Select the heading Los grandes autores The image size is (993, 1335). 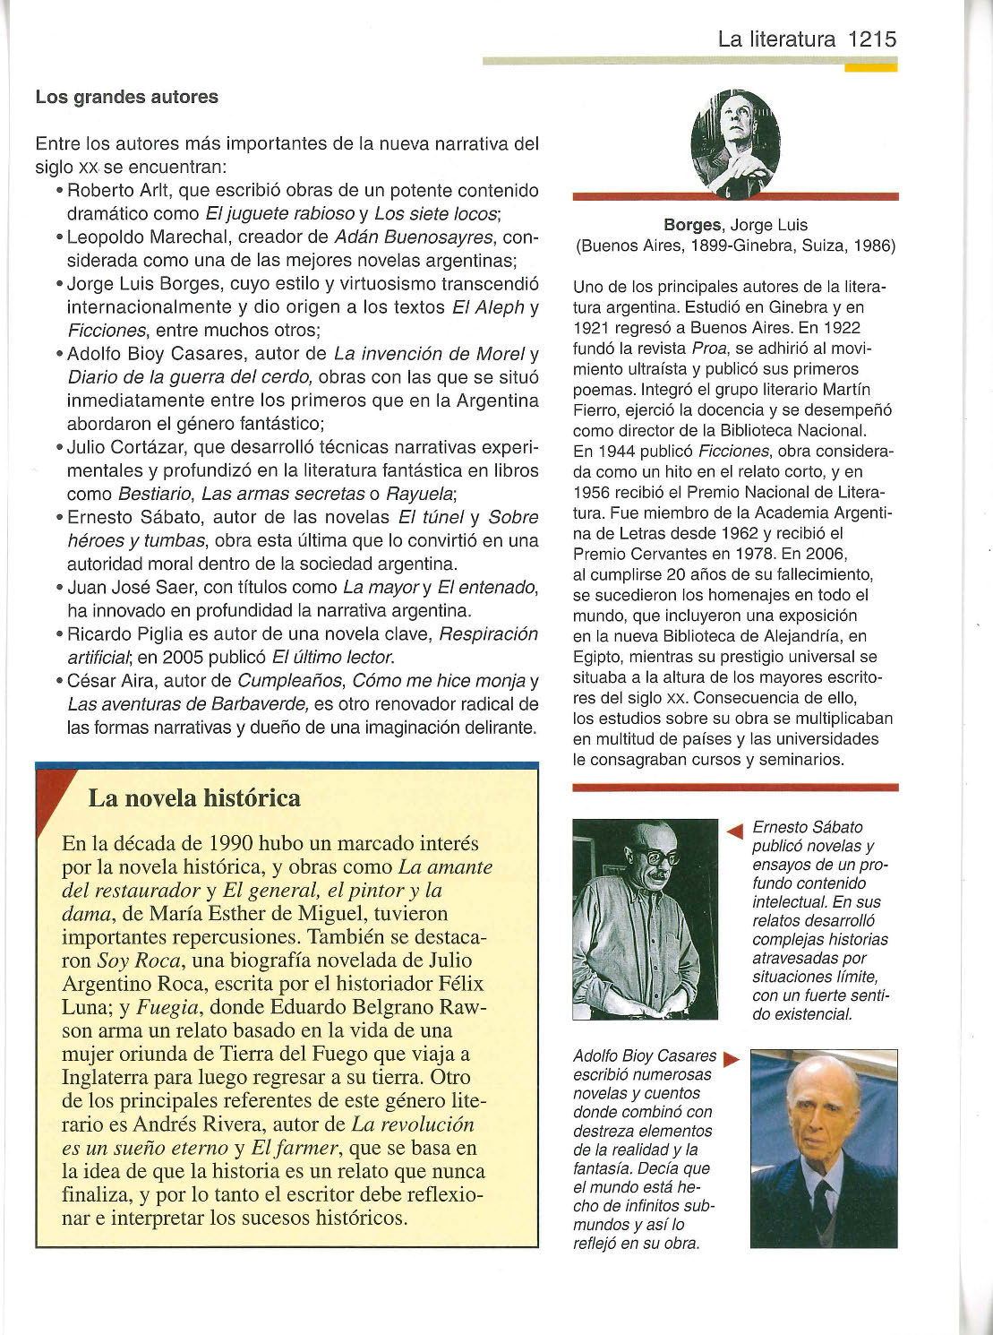coord(126,97)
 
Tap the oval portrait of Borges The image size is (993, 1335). coord(735,143)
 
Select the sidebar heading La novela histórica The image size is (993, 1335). coord(193,797)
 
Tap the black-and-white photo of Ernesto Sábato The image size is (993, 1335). coord(645,918)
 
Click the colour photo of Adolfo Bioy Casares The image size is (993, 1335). coord(823,1149)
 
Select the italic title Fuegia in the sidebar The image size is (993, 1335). coord(167,1007)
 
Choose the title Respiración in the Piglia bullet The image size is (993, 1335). coord(488,634)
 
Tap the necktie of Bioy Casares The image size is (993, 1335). coord(822,1205)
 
